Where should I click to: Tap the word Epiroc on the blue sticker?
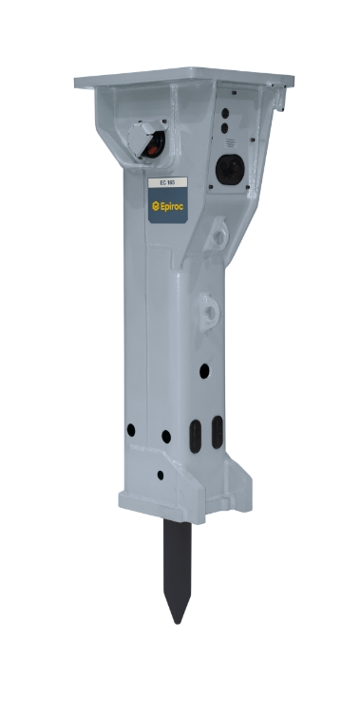click(x=172, y=203)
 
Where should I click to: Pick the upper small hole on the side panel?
click(x=223, y=111)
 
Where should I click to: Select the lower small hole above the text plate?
click(x=224, y=127)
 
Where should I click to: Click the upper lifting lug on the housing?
click(x=218, y=231)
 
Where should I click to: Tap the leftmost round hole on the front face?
click(x=130, y=430)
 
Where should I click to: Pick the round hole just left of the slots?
click(x=166, y=437)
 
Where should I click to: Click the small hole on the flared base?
click(x=160, y=475)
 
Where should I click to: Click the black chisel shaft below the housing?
click(x=177, y=560)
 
